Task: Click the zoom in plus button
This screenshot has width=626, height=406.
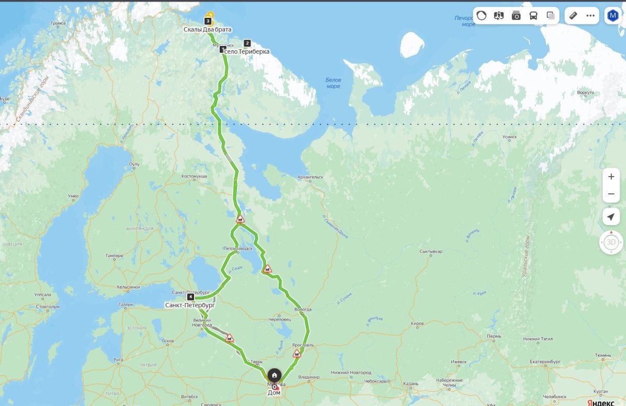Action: click(611, 177)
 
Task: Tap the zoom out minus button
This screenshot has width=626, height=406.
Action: click(611, 194)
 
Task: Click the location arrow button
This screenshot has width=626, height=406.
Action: click(611, 217)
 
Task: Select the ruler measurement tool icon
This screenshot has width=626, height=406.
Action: click(573, 16)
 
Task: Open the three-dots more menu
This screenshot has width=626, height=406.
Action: click(591, 16)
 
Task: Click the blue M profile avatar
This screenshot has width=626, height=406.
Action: click(612, 16)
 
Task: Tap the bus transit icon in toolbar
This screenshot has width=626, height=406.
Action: click(533, 16)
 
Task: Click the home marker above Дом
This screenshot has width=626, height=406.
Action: click(274, 375)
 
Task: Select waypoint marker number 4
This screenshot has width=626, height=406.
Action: click(191, 297)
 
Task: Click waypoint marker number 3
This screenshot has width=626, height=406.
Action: click(208, 21)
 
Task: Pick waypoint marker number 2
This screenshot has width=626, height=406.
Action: click(247, 43)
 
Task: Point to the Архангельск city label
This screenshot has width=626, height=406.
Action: click(310, 177)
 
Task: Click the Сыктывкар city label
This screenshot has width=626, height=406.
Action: click(431, 251)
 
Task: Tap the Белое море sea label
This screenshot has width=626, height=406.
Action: click(333, 83)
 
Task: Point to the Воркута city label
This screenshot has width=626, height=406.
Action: click(586, 92)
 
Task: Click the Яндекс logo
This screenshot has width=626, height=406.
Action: click(600, 402)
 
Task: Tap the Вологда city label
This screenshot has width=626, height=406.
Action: click(303, 309)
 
